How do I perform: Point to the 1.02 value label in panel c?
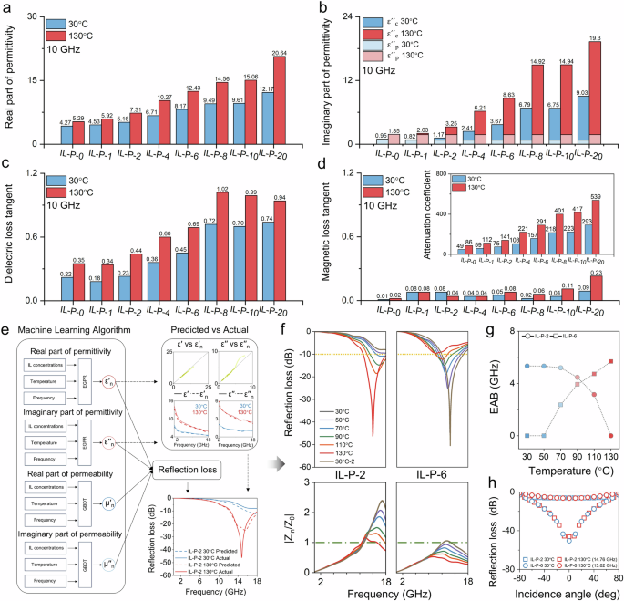click(222, 190)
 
